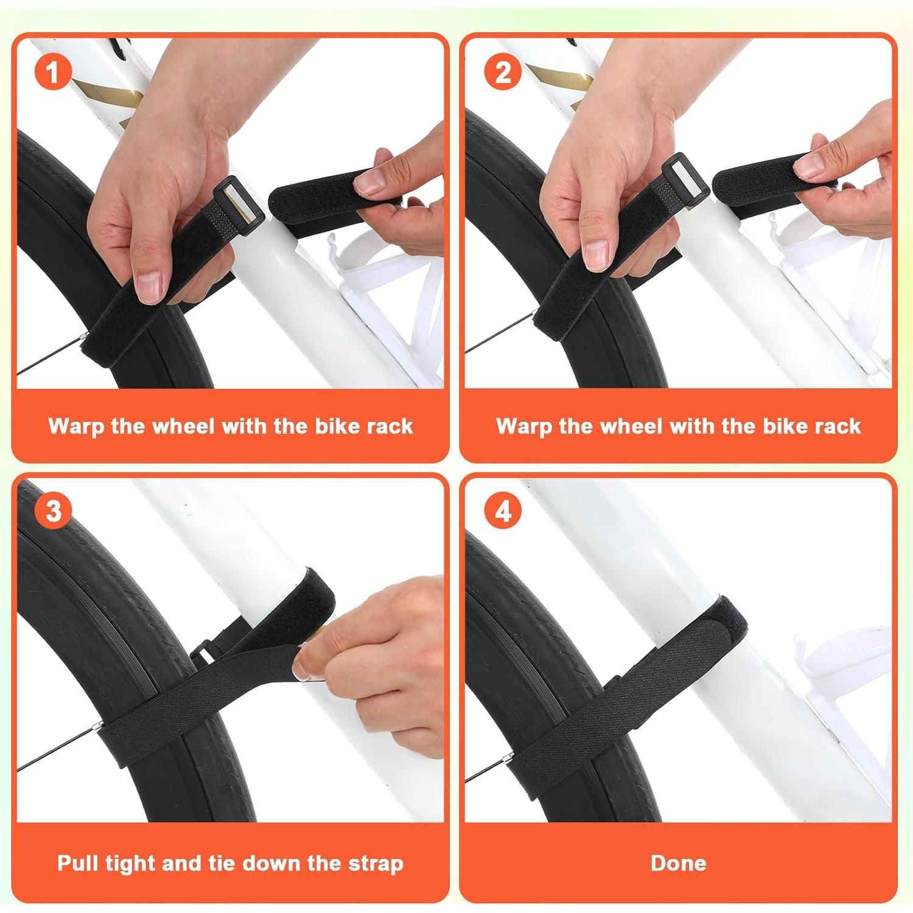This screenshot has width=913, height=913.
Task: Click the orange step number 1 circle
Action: coord(53,73)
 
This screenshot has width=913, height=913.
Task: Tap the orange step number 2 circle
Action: coord(502,73)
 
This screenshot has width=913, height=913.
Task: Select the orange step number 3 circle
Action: coord(53,510)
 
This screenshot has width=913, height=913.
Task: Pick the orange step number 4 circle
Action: coord(502,510)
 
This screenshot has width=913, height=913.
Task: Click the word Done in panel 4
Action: coord(678,863)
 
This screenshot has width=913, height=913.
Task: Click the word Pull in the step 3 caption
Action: coord(78,863)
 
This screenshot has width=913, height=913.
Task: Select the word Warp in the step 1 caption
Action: coord(77,426)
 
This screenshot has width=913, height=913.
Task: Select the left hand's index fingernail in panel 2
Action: coord(596,254)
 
